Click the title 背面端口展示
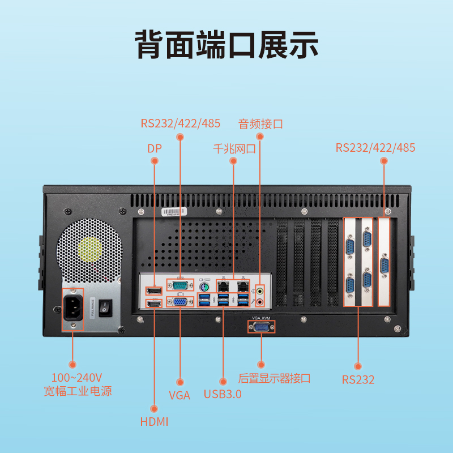coord(226,45)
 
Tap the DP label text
coord(154,149)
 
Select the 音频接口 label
coord(260,123)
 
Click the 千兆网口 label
coord(234,149)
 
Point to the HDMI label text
coord(154,421)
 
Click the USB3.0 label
coord(223,394)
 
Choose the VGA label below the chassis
coord(180,395)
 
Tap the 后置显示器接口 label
coord(275,378)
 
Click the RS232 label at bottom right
coord(358,380)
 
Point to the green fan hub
coord(91,249)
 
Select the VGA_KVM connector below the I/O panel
coord(261,328)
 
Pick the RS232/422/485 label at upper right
coord(375,148)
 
